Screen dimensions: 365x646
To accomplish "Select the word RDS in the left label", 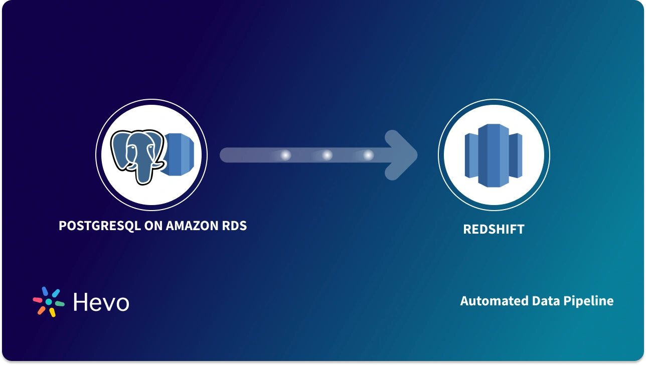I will tap(234, 226).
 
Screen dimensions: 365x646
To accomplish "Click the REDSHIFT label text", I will tap(494, 229).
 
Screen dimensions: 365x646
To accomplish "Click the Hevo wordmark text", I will tap(101, 302).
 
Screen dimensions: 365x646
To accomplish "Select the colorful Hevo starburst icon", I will tap(49, 301).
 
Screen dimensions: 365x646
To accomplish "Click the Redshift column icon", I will tap(494, 155).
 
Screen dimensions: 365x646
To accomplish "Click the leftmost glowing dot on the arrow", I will tap(285, 155).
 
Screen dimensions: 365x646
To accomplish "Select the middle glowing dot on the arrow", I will tap(327, 155).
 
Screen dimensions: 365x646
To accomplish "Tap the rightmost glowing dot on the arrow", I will tap(368, 155).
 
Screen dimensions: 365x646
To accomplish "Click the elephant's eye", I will tap(131, 149).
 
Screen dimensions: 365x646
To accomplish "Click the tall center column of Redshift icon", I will tap(490, 155).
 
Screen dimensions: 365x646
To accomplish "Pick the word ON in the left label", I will tap(152, 226).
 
